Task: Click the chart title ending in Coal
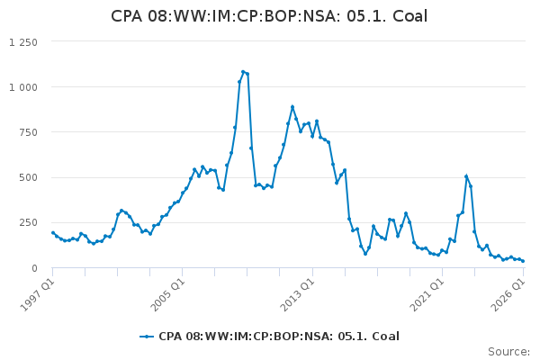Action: click(269, 16)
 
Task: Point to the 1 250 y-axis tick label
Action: click(23, 42)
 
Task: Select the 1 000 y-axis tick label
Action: click(23, 87)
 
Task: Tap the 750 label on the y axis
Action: click(28, 132)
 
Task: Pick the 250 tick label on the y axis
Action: click(28, 223)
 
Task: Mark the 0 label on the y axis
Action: click(34, 268)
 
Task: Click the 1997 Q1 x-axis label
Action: click(37, 295)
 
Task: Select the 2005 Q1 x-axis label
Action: click(167, 295)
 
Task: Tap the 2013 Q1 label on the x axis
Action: click(298, 295)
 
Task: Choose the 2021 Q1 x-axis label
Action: click(427, 295)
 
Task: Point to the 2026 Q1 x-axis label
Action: click(508, 295)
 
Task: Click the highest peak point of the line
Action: click(243, 72)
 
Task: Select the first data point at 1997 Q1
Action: click(53, 233)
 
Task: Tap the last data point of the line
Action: click(523, 261)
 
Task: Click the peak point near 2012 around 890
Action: click(292, 107)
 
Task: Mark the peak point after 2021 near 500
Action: click(466, 176)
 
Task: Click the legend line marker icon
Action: click(147, 337)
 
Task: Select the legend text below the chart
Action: click(279, 337)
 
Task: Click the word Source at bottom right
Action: click(508, 352)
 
